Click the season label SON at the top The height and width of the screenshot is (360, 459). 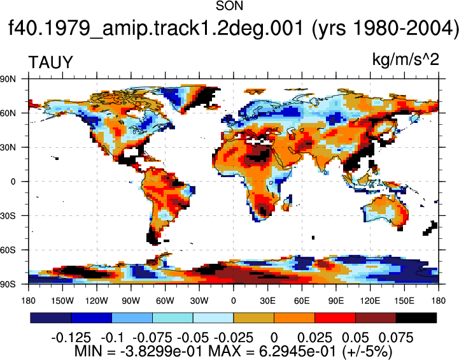[229, 6]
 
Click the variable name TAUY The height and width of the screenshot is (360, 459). [50, 62]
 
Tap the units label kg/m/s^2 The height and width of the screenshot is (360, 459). [406, 60]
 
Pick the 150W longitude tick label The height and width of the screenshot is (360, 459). [62, 301]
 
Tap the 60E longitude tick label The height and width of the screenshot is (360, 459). [302, 301]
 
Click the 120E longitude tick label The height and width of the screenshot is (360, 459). [370, 301]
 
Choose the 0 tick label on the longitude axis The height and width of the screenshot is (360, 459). [233, 301]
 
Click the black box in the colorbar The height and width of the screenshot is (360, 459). [416, 318]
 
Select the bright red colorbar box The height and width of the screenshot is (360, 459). [335, 318]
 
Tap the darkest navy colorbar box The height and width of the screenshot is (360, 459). [51, 318]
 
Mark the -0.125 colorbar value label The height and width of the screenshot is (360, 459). [71, 338]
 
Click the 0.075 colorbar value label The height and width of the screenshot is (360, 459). [396, 338]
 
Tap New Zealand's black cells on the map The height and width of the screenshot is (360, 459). [430, 229]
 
